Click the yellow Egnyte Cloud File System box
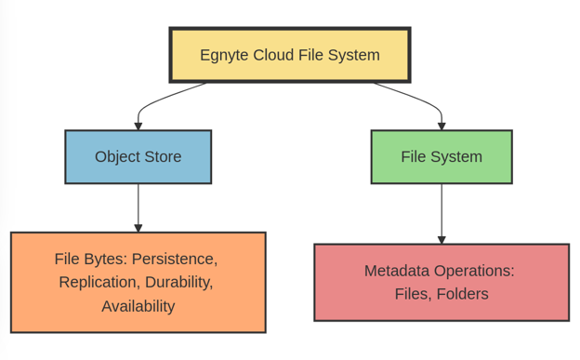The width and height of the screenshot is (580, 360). [x=289, y=55]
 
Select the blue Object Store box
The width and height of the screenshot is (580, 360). [x=138, y=156]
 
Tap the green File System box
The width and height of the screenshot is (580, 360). [x=441, y=156]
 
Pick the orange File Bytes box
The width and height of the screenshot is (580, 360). [x=138, y=282]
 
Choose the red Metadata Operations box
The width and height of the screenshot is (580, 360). [x=441, y=282]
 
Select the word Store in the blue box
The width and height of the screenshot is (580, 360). [x=162, y=156]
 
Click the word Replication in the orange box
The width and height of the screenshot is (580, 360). [x=98, y=282]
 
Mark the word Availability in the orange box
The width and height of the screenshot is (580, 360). [x=138, y=305]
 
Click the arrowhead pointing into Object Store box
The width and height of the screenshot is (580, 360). [x=138, y=126]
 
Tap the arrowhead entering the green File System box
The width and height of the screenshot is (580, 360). [x=441, y=126]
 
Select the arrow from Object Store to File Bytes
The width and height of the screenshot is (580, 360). [x=138, y=207]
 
